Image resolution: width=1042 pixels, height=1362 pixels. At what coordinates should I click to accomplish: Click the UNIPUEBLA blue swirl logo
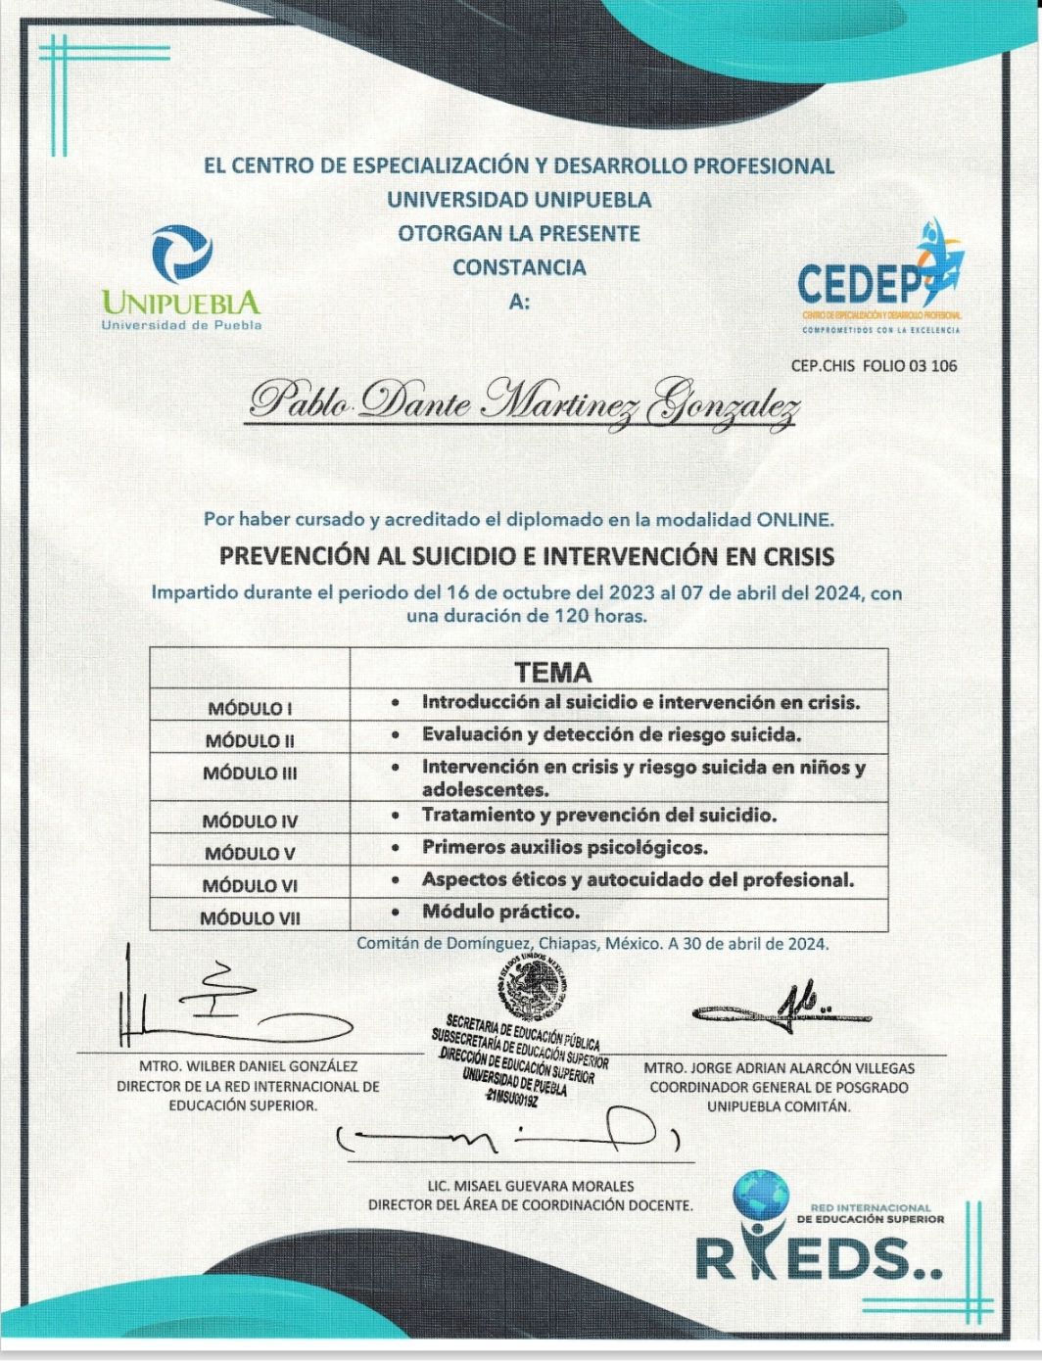182,254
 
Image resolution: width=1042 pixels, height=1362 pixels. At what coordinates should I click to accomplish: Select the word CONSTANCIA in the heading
519,267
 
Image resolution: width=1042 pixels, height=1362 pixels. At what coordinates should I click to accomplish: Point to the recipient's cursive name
523,401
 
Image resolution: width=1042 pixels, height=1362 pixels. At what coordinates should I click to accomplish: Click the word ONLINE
794,519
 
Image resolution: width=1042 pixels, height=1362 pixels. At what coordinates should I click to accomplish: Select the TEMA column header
553,673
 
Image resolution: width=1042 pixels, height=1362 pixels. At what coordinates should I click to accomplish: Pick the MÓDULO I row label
250,708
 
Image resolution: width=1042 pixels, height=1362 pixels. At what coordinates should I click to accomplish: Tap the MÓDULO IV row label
250,822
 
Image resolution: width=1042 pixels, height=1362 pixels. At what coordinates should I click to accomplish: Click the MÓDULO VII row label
250,918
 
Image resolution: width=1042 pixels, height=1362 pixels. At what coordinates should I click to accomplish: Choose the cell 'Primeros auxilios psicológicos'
564,848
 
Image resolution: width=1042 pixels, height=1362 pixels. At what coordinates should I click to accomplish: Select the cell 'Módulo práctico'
500,912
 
